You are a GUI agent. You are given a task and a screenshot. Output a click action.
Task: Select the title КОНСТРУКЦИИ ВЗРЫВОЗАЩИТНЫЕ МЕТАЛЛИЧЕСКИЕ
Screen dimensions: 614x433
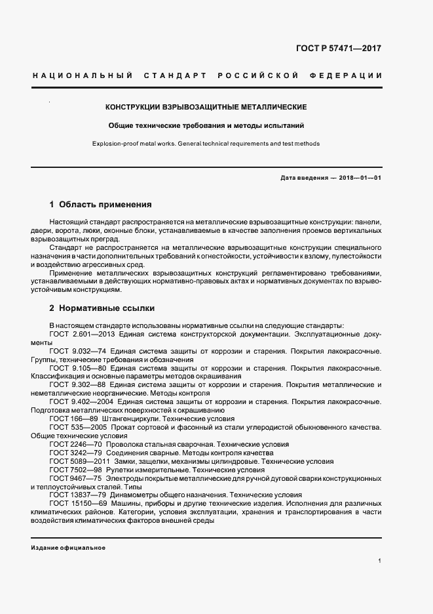[x=206, y=106]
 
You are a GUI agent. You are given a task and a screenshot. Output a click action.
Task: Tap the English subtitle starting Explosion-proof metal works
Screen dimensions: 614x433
[x=206, y=144]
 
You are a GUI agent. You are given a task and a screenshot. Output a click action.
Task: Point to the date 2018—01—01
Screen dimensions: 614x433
[x=359, y=178]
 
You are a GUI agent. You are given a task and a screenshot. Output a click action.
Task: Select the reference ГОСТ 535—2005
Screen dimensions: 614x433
[x=73, y=427]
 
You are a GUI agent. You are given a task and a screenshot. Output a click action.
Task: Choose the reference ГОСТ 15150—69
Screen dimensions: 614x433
[x=73, y=504]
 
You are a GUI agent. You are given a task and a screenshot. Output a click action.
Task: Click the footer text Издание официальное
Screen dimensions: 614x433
[x=67, y=547]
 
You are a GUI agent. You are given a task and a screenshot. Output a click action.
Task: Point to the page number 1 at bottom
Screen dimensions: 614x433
[x=379, y=562]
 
